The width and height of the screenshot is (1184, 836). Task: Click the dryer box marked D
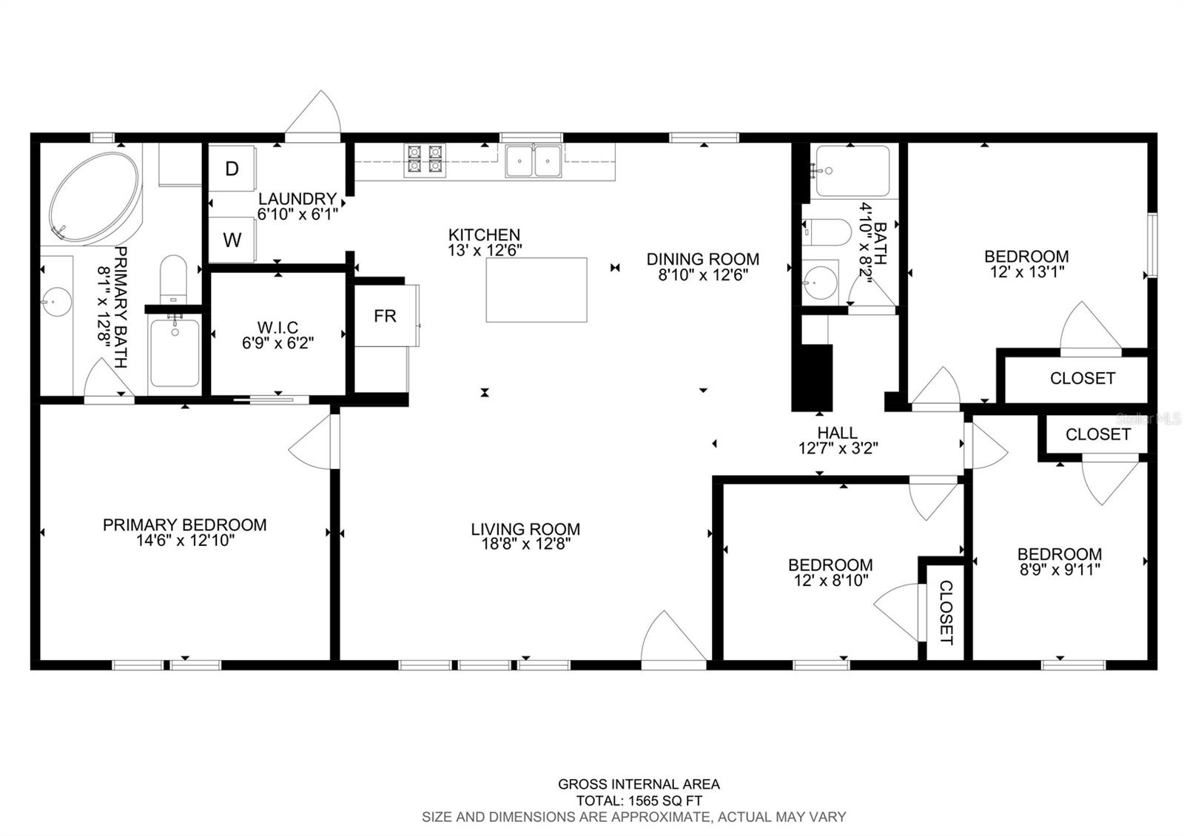point(232,169)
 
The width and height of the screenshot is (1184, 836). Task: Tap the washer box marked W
point(232,240)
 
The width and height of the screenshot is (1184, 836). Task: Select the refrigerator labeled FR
point(386,316)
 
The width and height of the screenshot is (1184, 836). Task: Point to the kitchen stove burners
point(425,160)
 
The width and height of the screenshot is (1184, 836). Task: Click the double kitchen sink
point(533,161)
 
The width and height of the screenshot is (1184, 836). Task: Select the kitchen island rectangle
point(536,289)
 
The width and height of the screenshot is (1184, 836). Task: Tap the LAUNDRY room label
point(297,199)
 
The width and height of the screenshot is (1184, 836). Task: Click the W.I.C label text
point(278,327)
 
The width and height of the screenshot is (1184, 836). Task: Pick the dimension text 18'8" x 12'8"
point(526,544)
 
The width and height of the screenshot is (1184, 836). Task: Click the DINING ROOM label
point(703,259)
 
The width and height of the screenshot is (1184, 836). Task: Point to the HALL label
point(837,433)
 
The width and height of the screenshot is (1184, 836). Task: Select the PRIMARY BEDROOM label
point(184,525)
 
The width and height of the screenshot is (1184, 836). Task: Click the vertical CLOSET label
point(946,613)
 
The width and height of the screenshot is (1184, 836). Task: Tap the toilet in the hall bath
point(827,232)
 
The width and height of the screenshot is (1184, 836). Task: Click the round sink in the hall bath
point(821,283)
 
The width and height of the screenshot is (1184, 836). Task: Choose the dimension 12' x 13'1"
point(1027,272)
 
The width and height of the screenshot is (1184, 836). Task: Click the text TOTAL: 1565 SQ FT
point(639,800)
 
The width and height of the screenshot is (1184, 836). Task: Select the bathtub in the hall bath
point(852,171)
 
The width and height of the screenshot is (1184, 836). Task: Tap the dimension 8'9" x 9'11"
point(1060,570)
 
